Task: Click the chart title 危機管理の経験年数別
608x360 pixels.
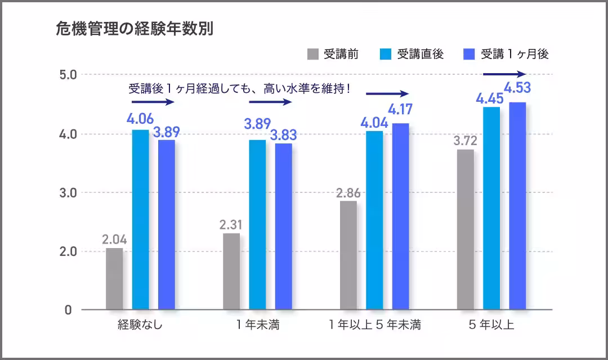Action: click(x=135, y=29)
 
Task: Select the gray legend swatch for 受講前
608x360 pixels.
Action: click(x=313, y=55)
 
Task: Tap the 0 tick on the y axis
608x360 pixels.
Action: click(x=68, y=310)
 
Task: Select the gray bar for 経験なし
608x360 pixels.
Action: click(x=114, y=279)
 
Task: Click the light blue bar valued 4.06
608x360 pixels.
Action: click(x=141, y=219)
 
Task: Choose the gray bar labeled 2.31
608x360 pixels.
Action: click(x=231, y=271)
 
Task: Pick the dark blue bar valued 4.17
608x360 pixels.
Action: click(x=400, y=217)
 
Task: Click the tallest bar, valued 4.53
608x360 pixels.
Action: click(x=517, y=206)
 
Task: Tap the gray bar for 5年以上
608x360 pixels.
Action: click(x=466, y=229)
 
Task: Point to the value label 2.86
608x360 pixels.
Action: click(x=348, y=193)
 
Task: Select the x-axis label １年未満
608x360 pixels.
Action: click(x=257, y=325)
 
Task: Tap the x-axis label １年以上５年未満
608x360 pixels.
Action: click(x=375, y=325)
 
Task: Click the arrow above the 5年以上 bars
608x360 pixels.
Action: click(x=504, y=74)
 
